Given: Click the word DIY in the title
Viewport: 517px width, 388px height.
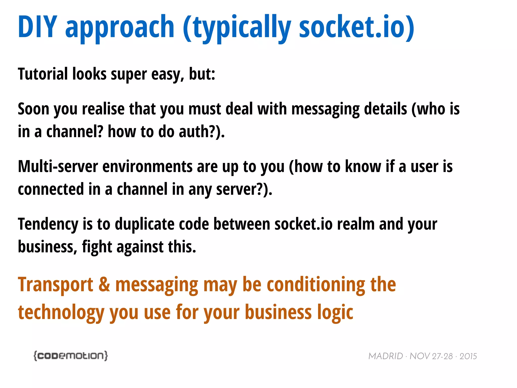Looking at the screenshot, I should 38,27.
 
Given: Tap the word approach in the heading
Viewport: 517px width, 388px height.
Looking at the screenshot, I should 120,27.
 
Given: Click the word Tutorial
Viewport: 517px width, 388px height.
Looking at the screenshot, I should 43,74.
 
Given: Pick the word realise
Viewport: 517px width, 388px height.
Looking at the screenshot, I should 103,109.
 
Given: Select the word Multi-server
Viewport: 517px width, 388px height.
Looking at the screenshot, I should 58,166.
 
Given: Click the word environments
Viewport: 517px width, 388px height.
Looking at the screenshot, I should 147,166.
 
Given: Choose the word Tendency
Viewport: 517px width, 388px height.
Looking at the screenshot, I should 48,224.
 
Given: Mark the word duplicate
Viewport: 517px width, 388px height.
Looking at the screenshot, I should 145,224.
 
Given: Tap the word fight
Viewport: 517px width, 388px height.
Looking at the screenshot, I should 97,247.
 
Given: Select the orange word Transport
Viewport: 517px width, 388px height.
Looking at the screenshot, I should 56,285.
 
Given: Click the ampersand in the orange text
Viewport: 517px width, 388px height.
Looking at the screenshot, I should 104,284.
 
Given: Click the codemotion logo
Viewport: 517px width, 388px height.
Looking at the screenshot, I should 71,356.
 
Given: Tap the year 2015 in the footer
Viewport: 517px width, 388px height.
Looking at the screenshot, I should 468,356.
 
